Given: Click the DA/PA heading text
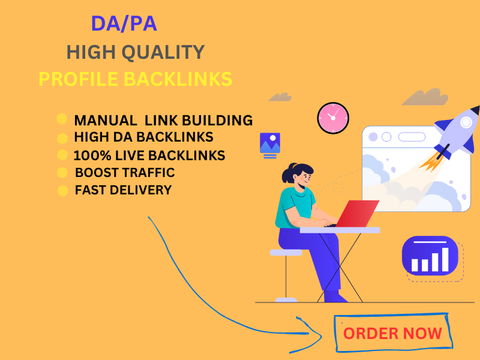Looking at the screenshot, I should click(x=124, y=23).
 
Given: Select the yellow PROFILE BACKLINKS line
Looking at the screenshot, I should click(x=135, y=79).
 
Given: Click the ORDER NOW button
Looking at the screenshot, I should click(x=392, y=333).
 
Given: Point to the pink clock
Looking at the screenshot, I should click(x=332, y=118).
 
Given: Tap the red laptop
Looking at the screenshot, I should click(x=356, y=214).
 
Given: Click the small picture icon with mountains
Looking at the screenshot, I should click(x=269, y=144).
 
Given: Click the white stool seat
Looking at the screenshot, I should click(x=286, y=253).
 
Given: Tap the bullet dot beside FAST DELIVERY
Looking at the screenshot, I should click(x=62, y=191).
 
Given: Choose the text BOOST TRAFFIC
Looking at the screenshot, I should click(x=125, y=173).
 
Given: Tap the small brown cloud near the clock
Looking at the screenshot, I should click(x=280, y=96).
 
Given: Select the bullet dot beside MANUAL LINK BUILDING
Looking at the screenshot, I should click(x=62, y=119).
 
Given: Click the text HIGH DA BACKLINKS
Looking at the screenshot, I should click(x=143, y=137).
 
